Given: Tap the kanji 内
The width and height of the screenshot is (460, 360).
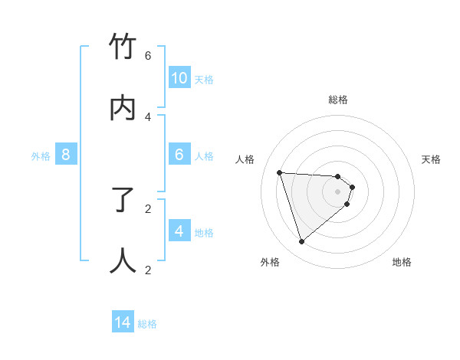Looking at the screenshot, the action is click(x=123, y=108).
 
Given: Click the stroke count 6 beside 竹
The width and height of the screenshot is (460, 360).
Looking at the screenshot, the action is click(x=148, y=55).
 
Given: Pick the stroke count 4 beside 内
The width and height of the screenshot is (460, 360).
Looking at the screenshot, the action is click(x=148, y=116).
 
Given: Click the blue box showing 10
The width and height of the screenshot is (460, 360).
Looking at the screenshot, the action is click(x=179, y=78).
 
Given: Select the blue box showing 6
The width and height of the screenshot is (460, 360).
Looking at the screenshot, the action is click(x=179, y=155).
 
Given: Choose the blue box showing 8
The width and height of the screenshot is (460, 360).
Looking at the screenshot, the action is click(x=66, y=155).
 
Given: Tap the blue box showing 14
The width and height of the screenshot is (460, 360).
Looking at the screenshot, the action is click(x=123, y=322).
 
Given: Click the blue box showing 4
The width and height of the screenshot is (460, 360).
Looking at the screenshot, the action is click(x=179, y=231).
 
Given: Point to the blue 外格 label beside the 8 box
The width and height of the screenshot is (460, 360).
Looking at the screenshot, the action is click(x=41, y=156).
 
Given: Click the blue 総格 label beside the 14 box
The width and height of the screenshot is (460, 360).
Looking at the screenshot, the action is click(x=147, y=324).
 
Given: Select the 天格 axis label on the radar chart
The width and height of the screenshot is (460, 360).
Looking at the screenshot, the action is click(x=431, y=159).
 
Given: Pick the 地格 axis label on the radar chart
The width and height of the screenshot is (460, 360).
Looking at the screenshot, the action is click(x=402, y=262).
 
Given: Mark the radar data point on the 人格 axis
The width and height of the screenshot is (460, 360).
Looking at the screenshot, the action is click(x=279, y=172).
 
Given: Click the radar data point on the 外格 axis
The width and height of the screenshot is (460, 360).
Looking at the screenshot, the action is click(x=301, y=242).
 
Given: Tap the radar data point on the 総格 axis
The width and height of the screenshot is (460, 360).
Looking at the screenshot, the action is click(x=338, y=177).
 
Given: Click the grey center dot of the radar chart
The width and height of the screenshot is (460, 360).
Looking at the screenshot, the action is click(x=338, y=202).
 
